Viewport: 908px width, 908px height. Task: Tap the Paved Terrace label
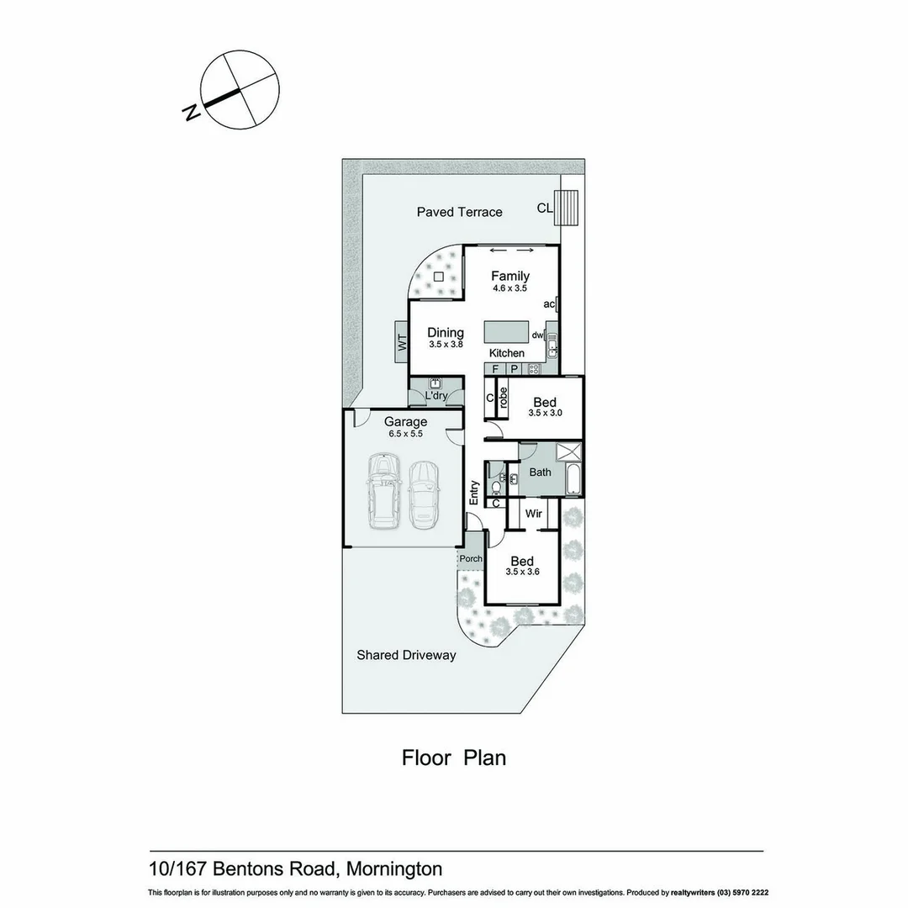459,212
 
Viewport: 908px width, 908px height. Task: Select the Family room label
510,276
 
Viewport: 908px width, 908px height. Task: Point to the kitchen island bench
509,330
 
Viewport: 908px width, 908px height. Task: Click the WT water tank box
401,343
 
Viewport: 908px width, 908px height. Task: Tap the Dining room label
446,333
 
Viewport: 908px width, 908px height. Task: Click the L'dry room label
436,395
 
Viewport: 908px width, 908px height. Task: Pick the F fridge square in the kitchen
494,369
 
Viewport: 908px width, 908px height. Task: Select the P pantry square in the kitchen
513,369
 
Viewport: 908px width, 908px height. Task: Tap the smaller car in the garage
423,494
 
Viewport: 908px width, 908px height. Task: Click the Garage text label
405,422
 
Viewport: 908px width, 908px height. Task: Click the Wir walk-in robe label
533,513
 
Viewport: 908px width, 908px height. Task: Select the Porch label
472,559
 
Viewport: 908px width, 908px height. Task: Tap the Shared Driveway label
406,655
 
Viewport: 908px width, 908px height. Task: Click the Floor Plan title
454,758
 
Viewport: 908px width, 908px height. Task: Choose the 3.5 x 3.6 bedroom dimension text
522,572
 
